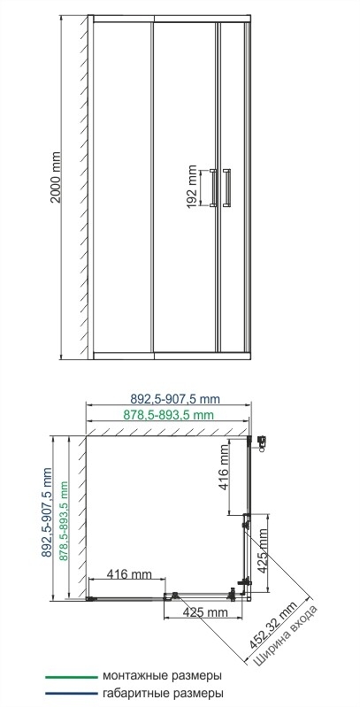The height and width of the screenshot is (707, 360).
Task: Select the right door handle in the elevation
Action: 228,188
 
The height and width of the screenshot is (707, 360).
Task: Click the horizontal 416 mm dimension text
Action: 127,574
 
